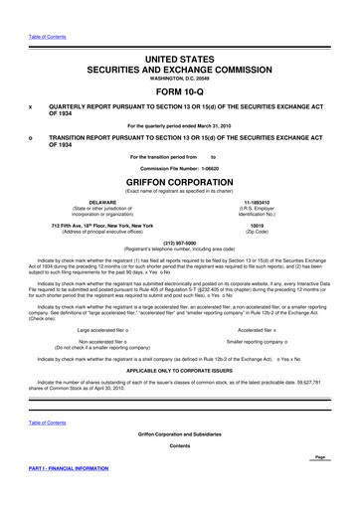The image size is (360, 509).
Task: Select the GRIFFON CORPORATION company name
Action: [180, 185]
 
